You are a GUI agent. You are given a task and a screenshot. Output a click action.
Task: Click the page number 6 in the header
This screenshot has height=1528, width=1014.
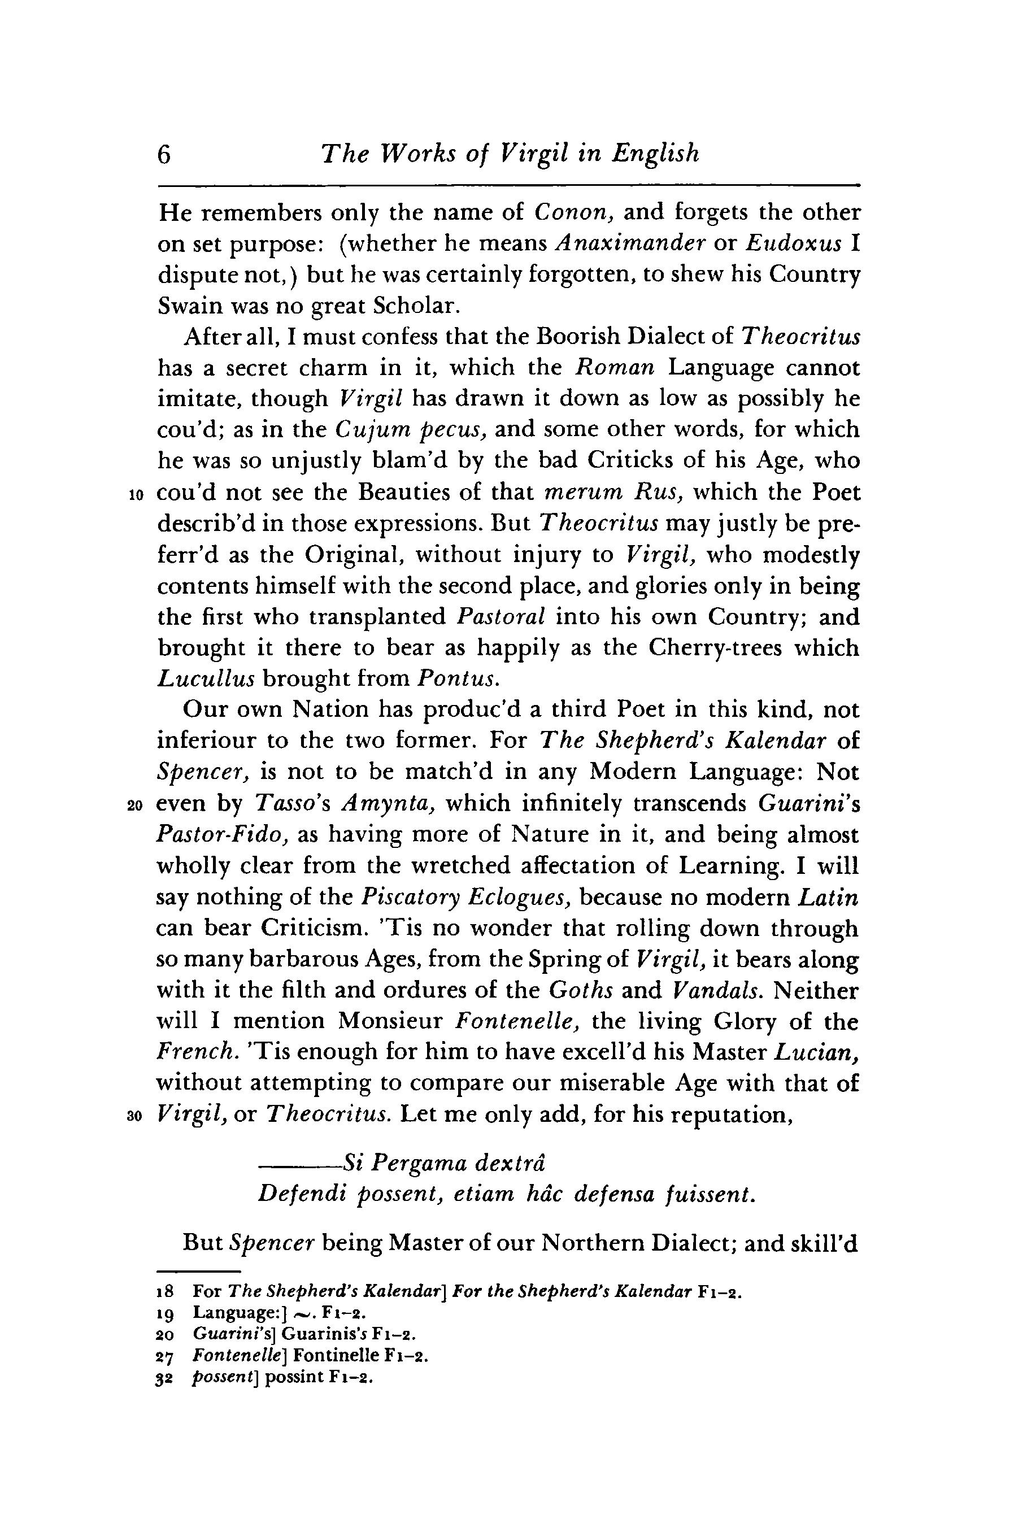point(164,155)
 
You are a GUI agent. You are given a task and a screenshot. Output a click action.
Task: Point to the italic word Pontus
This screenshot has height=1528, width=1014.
point(458,679)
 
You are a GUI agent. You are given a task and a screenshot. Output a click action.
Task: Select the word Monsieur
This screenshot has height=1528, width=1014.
point(390,1022)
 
